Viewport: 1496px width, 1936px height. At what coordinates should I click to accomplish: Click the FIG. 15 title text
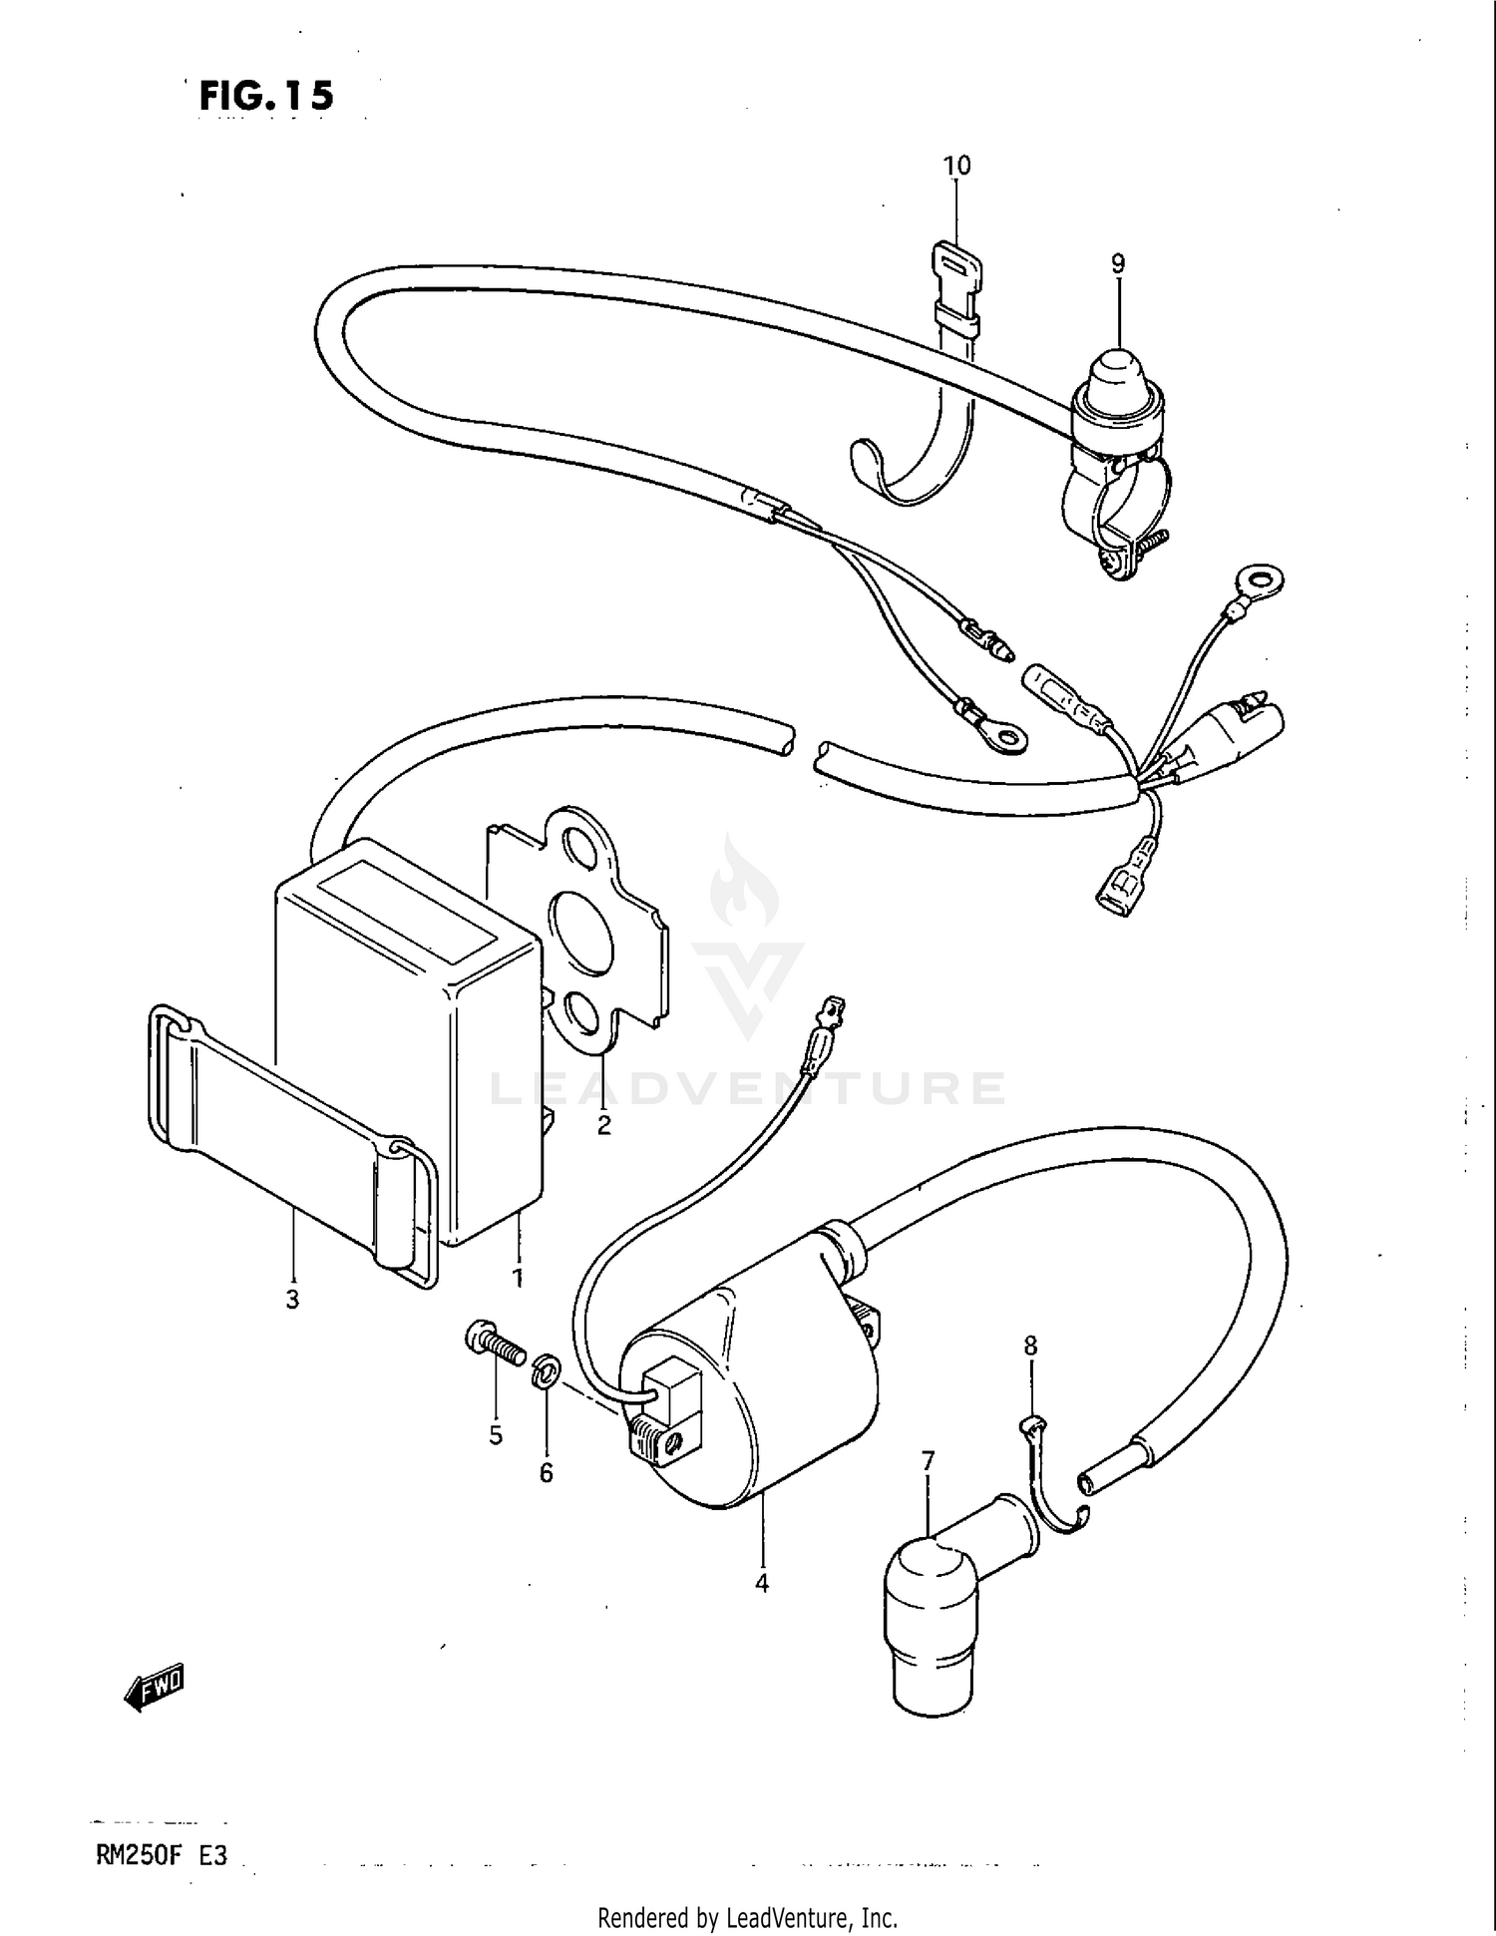tap(266, 96)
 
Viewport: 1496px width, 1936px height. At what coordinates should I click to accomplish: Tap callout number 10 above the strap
tap(956, 165)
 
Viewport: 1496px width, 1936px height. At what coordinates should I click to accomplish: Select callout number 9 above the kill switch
tap(1118, 263)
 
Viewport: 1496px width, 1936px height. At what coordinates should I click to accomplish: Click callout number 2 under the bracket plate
tap(603, 1126)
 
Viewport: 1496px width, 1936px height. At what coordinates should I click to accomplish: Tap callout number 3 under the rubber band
tap(292, 1300)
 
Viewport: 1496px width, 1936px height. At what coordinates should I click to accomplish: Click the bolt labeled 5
tap(494, 1347)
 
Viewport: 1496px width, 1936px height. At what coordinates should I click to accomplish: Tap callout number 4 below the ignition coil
tap(762, 1583)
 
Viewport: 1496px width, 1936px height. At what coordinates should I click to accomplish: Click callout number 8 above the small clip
tap(1030, 1346)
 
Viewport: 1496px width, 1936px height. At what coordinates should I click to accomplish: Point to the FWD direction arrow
tap(155, 1686)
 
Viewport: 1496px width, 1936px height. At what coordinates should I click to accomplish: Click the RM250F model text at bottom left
tap(134, 1856)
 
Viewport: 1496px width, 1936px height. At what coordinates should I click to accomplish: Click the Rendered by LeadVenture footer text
tap(747, 1917)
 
